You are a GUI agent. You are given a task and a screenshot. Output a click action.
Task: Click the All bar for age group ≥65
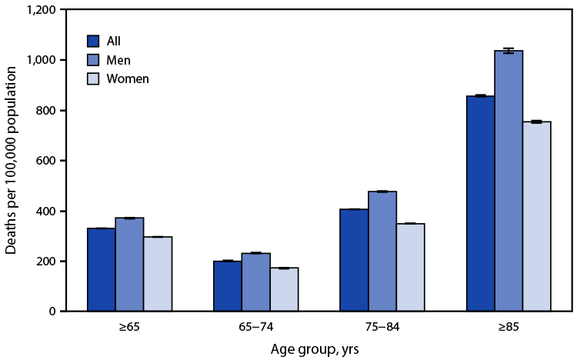coord(102,270)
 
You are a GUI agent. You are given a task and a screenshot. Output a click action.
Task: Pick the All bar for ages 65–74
coord(228,286)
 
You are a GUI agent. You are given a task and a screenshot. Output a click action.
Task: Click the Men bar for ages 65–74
coord(255,282)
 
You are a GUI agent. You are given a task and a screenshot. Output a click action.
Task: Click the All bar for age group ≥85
coord(480,204)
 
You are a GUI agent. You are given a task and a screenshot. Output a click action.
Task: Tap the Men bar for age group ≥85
coord(508,181)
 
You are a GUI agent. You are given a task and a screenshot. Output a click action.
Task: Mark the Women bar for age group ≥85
coord(536,216)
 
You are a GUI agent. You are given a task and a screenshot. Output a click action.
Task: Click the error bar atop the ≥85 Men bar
coord(508,51)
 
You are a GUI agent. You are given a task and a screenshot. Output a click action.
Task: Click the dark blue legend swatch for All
coord(94,41)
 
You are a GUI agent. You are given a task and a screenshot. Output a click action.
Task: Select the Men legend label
coord(119,60)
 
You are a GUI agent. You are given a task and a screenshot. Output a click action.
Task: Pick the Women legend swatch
coord(94,78)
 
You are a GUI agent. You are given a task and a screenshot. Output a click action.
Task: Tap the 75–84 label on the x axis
coord(382,326)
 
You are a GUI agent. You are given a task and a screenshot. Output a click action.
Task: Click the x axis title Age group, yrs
coord(315,348)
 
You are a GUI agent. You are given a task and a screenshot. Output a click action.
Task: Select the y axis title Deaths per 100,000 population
coord(12,161)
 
